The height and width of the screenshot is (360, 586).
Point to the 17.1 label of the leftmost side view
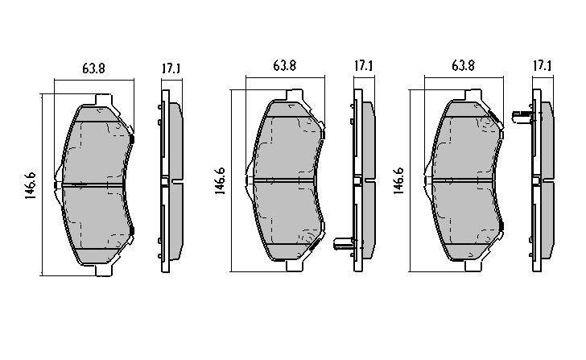point(170,68)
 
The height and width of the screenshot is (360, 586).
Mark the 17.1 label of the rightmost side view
point(543,66)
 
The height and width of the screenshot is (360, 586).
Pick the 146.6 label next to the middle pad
point(220,182)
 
